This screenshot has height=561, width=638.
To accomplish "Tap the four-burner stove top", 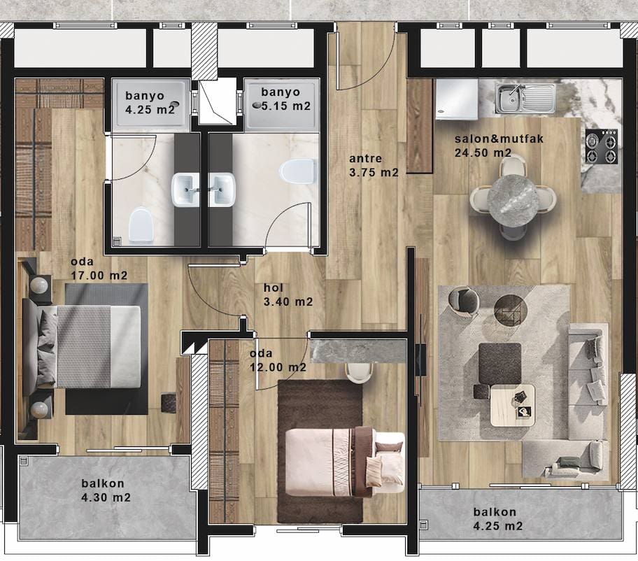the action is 602,146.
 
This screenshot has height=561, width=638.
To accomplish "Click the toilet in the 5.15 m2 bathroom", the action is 297,171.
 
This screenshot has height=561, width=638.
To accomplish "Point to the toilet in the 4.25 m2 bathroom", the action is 141,225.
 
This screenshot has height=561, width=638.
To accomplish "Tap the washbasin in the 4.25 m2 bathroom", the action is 186,189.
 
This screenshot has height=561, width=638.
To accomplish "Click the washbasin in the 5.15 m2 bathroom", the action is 222,189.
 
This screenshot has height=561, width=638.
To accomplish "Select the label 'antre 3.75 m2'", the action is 374,166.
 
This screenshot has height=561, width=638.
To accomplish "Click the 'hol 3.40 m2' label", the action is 288,295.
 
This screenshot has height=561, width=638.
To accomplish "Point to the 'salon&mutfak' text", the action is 499,139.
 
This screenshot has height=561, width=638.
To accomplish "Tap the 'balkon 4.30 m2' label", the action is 106,490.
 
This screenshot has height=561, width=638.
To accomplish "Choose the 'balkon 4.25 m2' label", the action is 497,519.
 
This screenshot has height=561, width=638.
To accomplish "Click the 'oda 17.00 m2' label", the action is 99,269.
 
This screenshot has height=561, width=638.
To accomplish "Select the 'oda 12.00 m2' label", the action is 278,360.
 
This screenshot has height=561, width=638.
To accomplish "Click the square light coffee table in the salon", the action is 512,405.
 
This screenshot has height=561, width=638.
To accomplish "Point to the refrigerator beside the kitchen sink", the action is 457,99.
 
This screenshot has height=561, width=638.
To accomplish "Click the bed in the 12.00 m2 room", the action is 345,462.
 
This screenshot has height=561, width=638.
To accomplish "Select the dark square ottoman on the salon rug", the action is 500,364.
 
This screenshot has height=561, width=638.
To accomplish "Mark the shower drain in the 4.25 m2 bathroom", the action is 176,104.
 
